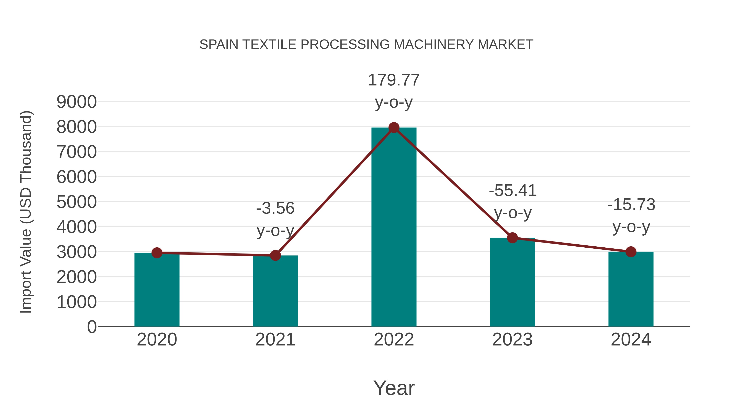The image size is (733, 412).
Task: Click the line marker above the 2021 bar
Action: coord(275,255)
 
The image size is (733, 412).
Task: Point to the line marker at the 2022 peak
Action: coord(394,128)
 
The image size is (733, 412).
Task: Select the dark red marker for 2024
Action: coord(631,252)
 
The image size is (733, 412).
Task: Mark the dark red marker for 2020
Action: coord(157,252)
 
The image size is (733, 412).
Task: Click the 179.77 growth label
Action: coord(394,80)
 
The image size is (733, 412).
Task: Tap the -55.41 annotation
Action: coord(513,190)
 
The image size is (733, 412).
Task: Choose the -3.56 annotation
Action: coord(275,208)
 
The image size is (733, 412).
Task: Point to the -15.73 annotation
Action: coord(631,205)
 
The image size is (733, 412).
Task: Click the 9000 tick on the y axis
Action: coord(77,102)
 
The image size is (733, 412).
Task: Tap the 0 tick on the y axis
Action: coord(92,327)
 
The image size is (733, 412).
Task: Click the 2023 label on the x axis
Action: coord(512,340)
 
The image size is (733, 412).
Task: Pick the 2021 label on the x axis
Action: coord(275,340)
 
